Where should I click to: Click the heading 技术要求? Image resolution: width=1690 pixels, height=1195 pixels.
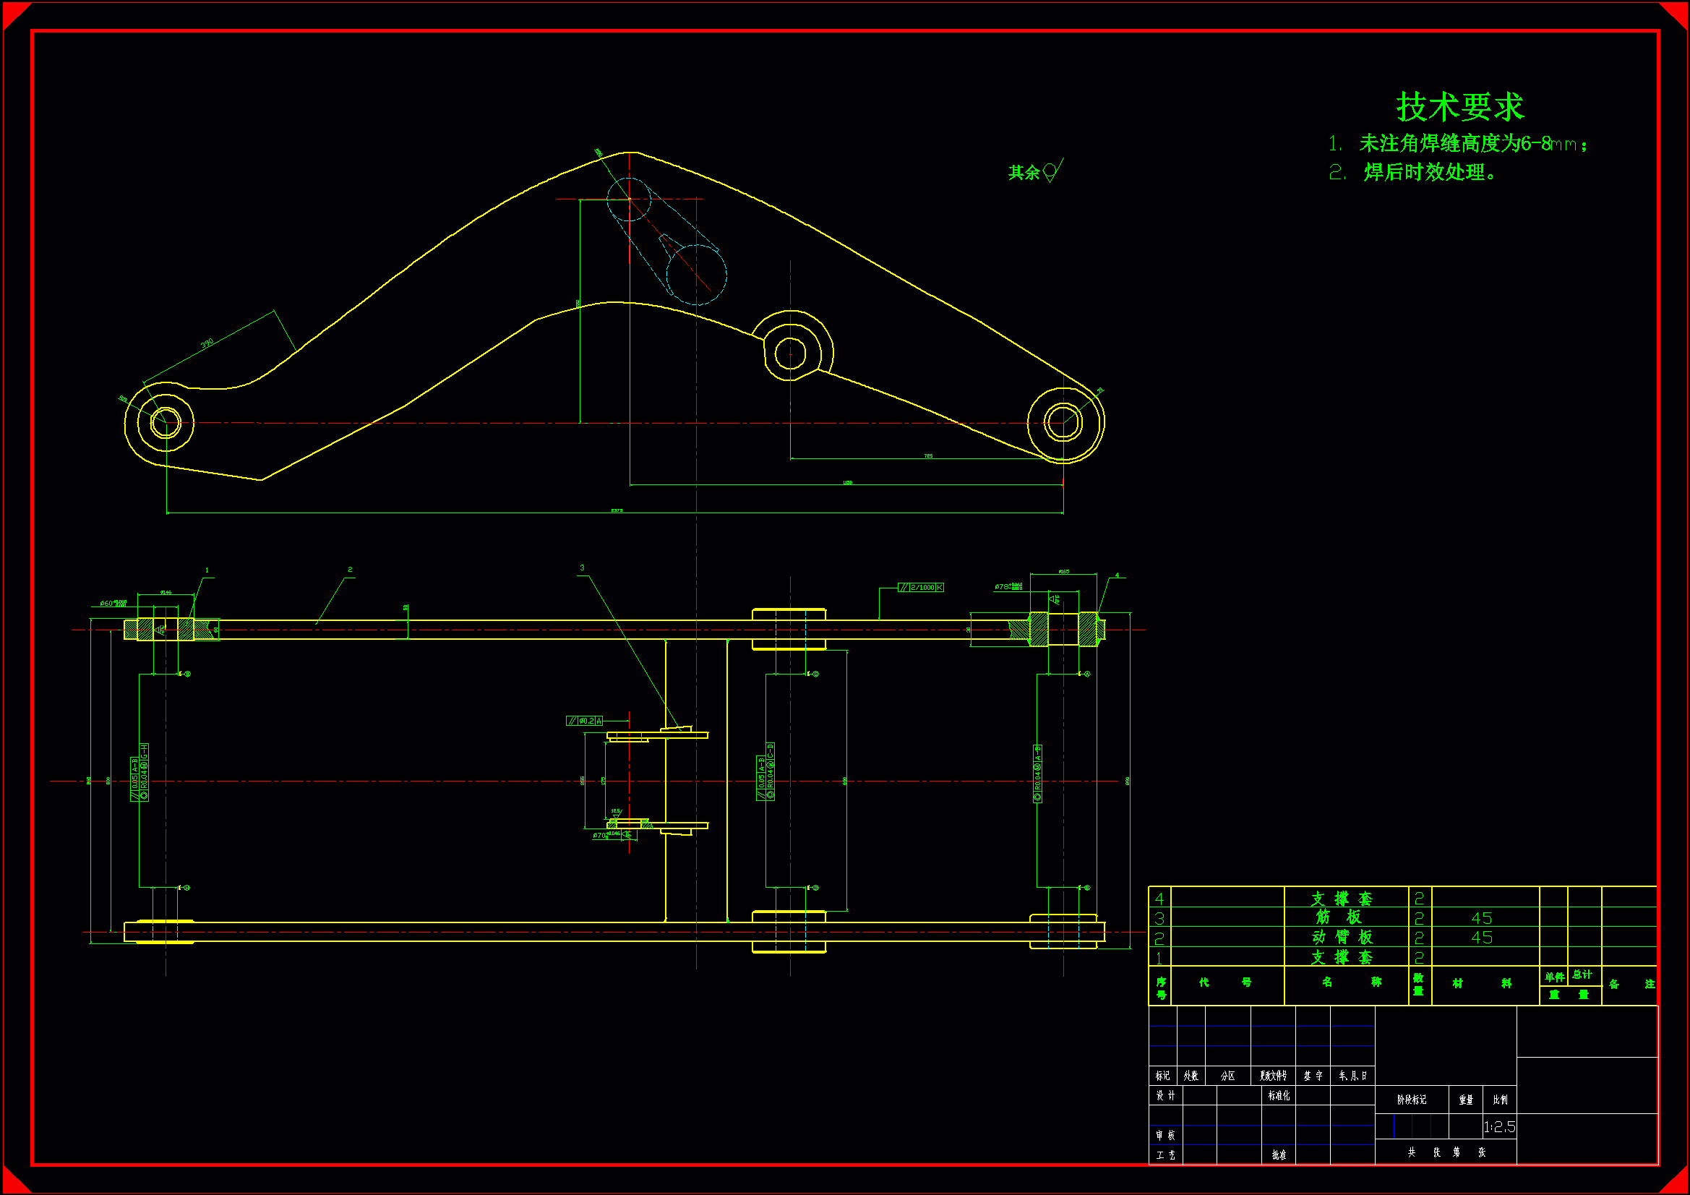click(1459, 108)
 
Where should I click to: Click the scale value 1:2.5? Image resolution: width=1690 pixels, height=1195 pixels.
click(1499, 1126)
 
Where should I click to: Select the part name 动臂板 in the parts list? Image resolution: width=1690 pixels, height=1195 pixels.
click(1342, 938)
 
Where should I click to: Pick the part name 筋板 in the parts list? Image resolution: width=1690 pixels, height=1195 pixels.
click(1339, 917)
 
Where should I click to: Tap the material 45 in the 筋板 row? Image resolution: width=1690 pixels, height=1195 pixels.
click(1481, 918)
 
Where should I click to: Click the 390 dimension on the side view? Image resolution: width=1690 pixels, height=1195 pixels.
click(207, 343)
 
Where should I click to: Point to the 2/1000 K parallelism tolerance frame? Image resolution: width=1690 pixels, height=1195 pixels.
click(921, 587)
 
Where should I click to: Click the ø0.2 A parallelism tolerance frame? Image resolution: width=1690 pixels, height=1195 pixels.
click(585, 721)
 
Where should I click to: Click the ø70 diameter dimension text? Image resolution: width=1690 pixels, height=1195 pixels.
click(601, 836)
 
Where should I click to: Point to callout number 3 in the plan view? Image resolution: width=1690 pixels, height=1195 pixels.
click(582, 567)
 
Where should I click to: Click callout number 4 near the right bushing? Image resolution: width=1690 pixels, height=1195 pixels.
click(1117, 575)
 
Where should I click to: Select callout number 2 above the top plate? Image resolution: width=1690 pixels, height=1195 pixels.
click(350, 569)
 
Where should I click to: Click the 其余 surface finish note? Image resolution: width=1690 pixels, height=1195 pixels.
click(1024, 172)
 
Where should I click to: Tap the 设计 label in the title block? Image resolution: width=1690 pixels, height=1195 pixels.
click(1164, 1096)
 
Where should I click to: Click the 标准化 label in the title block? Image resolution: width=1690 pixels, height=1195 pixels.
click(1279, 1096)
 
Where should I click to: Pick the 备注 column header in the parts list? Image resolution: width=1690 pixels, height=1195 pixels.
click(1631, 985)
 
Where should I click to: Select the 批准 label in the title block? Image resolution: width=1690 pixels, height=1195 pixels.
click(1279, 1155)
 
